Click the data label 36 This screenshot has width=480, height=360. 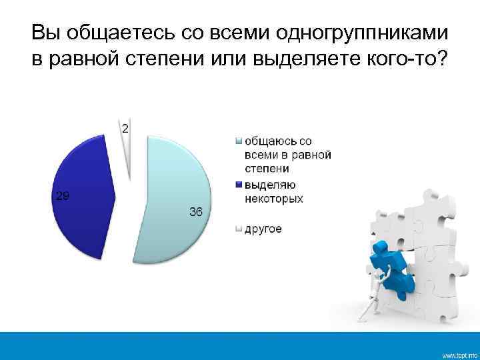[196, 213]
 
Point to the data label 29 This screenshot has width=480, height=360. [61, 195]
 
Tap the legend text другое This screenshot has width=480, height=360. [263, 229]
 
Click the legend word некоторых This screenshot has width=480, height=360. [273, 198]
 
